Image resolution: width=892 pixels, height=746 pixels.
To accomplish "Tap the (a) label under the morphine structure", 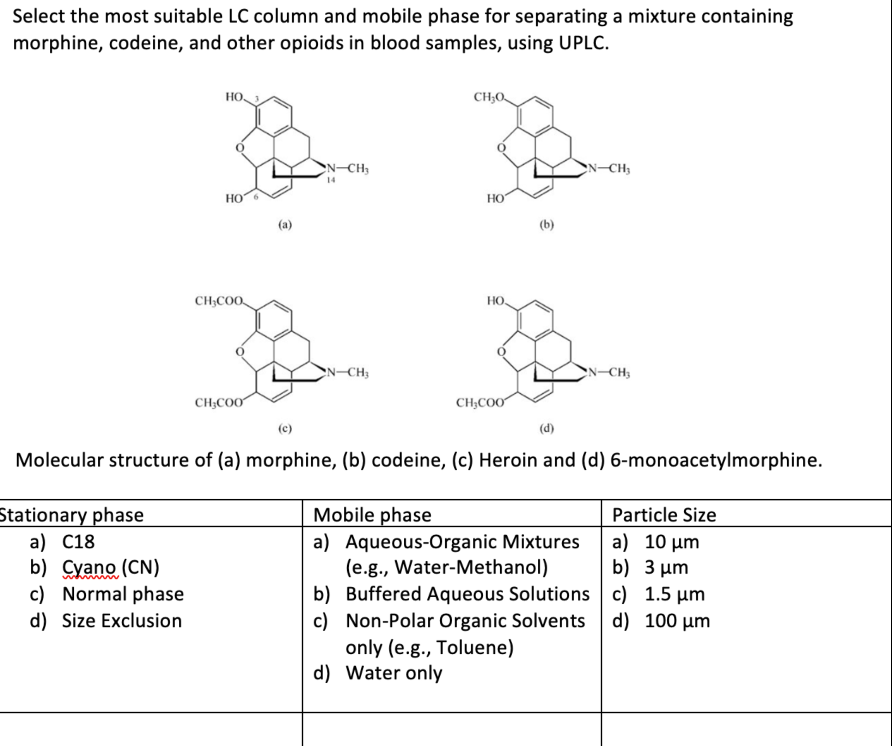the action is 285,224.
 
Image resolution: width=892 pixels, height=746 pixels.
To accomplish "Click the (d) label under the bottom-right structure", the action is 547,428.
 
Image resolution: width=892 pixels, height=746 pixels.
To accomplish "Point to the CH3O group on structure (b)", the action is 488,97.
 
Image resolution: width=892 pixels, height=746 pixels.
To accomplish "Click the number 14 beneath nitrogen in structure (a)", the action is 331,180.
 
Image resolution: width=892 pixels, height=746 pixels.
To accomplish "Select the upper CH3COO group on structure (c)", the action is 219,301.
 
